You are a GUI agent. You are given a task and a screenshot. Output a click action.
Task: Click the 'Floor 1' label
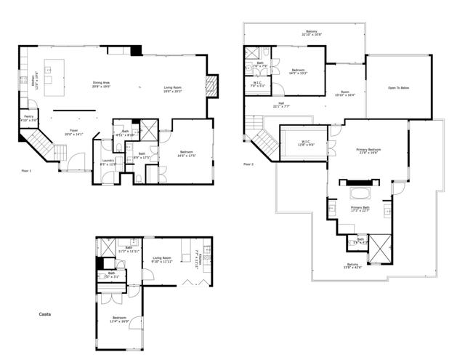(x=28, y=170)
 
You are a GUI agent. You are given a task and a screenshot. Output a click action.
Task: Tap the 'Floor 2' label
(x=248, y=164)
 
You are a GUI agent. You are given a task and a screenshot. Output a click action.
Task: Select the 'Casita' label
(x=45, y=313)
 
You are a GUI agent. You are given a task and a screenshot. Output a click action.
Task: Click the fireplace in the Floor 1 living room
(x=211, y=86)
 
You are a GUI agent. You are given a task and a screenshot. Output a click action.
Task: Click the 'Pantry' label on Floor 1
(x=28, y=117)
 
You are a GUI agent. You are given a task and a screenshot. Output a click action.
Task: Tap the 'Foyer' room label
(x=74, y=132)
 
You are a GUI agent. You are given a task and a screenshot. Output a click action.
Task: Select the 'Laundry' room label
(x=107, y=162)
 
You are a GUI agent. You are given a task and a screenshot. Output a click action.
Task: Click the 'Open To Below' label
(x=399, y=87)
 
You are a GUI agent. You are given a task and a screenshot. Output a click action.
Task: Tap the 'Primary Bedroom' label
(x=369, y=151)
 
